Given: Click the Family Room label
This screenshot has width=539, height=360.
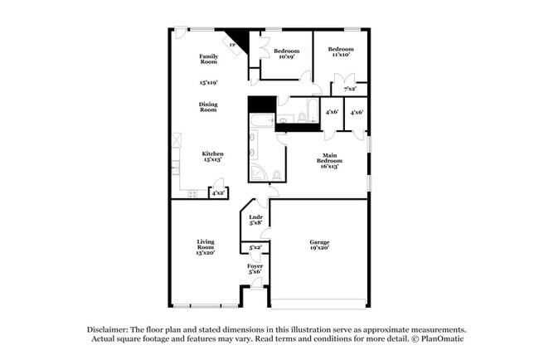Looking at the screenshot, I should click(x=208, y=59).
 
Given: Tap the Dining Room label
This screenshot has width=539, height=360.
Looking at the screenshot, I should click(x=208, y=107).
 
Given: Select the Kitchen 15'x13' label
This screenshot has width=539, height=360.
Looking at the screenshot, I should click(x=213, y=157).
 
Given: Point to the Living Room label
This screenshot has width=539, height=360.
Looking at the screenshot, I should click(x=206, y=247).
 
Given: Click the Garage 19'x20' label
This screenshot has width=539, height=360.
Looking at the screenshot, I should click(x=319, y=245).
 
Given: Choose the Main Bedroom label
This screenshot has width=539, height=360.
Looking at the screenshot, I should click(x=331, y=160).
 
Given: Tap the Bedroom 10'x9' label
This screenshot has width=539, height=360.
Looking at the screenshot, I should click(x=286, y=53).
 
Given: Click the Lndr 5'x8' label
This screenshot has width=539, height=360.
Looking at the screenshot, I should click(x=256, y=220).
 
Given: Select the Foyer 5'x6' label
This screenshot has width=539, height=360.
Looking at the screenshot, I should click(x=255, y=269).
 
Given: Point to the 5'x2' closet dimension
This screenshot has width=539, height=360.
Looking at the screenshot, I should click(x=255, y=247).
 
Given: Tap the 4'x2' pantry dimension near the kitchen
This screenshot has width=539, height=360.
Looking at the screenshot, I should click(x=218, y=193).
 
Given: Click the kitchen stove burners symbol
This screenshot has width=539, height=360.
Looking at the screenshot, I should click(x=192, y=194).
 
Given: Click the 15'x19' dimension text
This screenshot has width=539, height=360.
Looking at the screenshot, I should click(x=208, y=83).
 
